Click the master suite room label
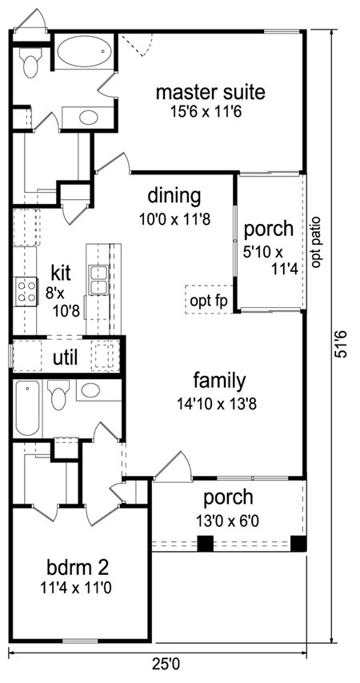click(210, 92)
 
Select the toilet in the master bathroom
click(30, 62)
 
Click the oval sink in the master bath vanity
click(89, 118)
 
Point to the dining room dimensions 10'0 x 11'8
click(174, 219)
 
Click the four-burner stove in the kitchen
click(26, 291)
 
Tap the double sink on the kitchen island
click(99, 280)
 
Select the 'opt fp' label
click(209, 301)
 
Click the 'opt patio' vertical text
click(317, 242)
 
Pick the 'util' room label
click(66, 358)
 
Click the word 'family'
click(220, 381)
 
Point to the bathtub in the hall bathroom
click(27, 408)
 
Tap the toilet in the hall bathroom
click(59, 394)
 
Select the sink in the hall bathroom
click(90, 389)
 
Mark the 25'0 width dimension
click(166, 665)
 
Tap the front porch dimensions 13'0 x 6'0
click(228, 520)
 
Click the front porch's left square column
click(206, 544)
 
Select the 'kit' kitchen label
click(61, 273)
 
